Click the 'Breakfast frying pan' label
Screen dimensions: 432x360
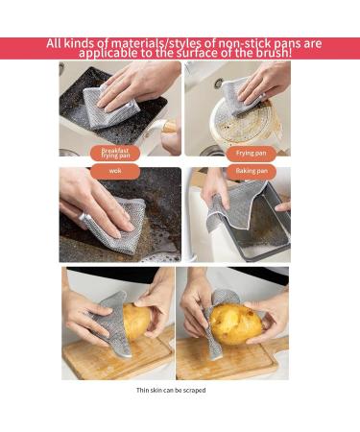pyautogui.click(x=115, y=152)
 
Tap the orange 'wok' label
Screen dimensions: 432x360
pyautogui.click(x=115, y=171)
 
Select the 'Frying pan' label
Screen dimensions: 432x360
pyautogui.click(x=251, y=153)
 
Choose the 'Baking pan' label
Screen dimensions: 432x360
pyautogui.click(x=251, y=171)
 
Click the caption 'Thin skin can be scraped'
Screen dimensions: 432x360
pyautogui.click(x=171, y=391)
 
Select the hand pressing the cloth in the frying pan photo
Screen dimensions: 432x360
pyautogui.click(x=261, y=82)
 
